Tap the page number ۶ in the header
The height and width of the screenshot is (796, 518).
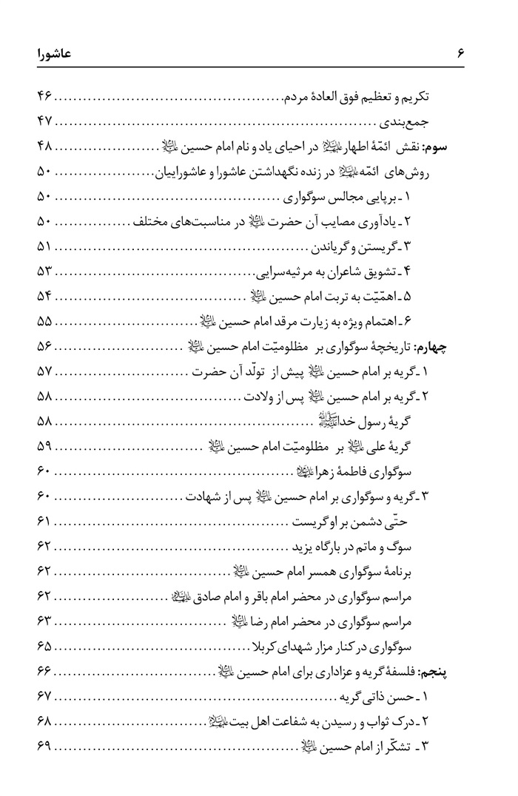(x=460, y=53)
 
